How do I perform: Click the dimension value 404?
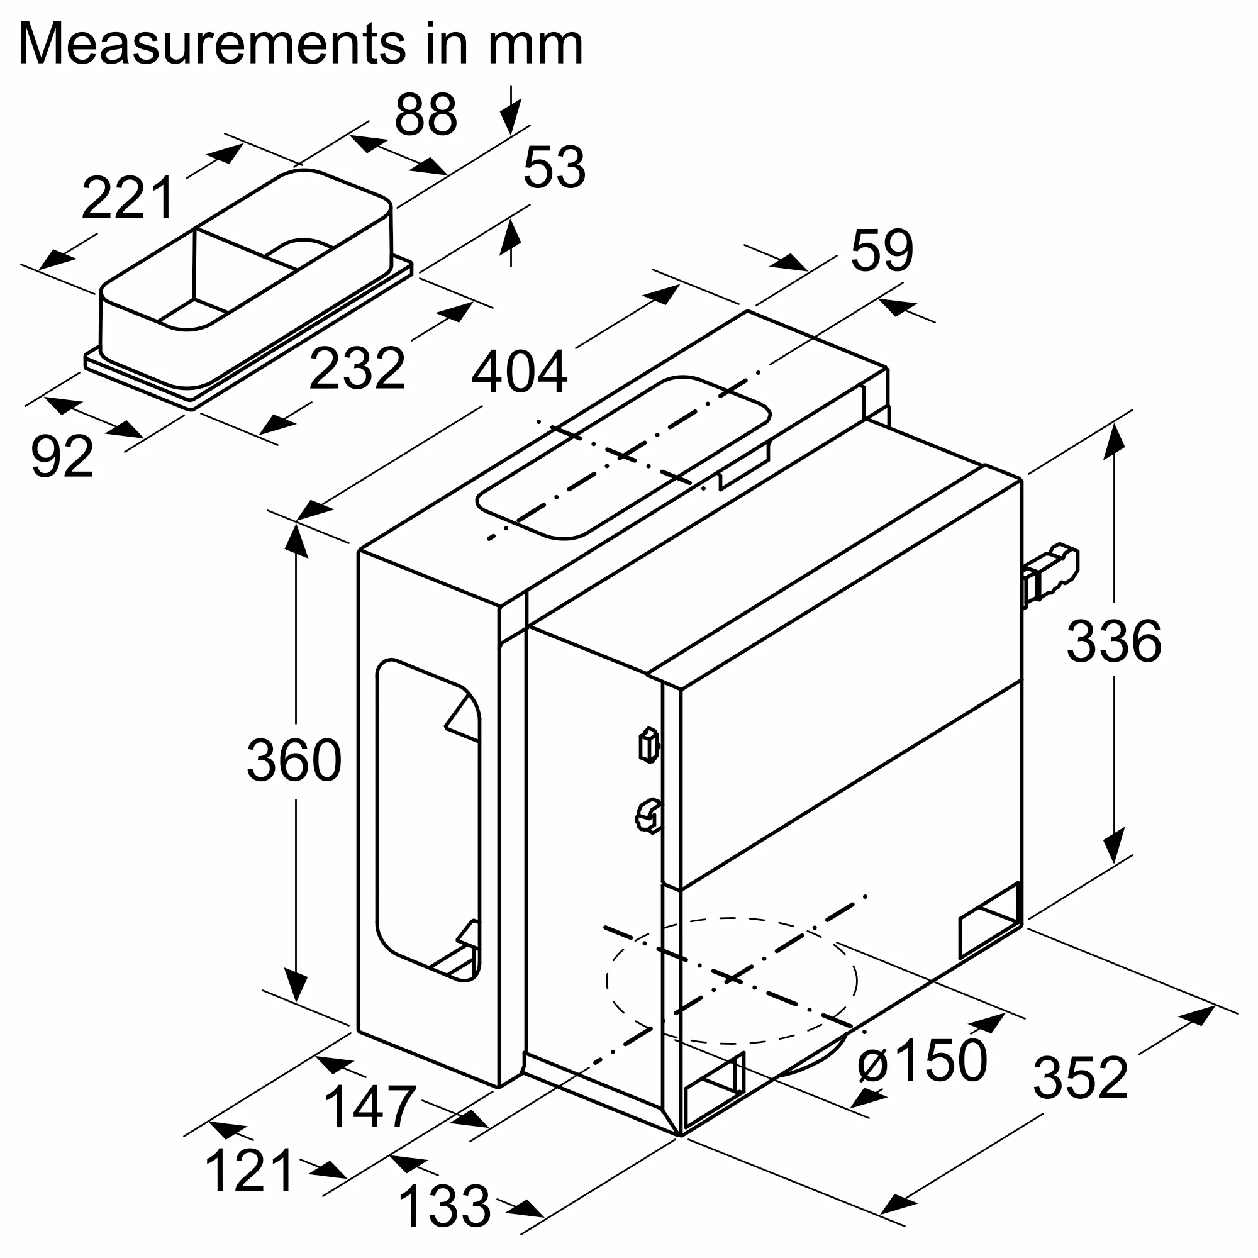pyautogui.click(x=519, y=372)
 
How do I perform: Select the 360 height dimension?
pyautogui.click(x=294, y=760)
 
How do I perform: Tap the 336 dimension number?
pyautogui.click(x=1113, y=642)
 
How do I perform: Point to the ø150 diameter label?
pyautogui.click(x=921, y=1060)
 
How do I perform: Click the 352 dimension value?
pyautogui.click(x=1080, y=1078)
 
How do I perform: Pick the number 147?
pyautogui.click(x=369, y=1107)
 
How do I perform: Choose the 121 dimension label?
pyautogui.click(x=250, y=1171)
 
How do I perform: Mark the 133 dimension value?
pyautogui.click(x=444, y=1206)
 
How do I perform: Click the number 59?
pyautogui.click(x=882, y=251)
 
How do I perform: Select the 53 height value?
pyautogui.click(x=554, y=168)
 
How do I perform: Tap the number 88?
pyautogui.click(x=426, y=115)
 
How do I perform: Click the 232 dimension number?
pyautogui.click(x=357, y=369)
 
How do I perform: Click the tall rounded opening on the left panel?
pyautogui.click(x=427, y=820)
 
